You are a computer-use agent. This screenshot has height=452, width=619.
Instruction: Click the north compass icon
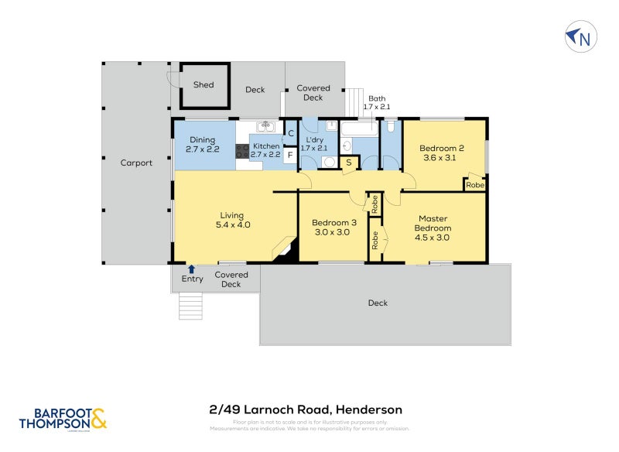coord(580,36)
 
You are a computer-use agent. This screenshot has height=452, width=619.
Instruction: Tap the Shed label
coord(203,85)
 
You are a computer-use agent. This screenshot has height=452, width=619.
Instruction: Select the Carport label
coord(136,163)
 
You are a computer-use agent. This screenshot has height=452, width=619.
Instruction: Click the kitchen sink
coord(265,126)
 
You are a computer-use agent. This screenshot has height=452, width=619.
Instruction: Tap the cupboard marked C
coord(291,133)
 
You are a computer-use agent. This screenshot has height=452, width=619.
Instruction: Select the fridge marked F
coord(290,154)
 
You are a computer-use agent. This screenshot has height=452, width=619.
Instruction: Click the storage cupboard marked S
coord(349,163)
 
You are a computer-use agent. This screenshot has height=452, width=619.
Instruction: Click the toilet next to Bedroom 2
coord(392,125)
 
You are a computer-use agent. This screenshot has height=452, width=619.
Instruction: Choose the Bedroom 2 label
coord(441,152)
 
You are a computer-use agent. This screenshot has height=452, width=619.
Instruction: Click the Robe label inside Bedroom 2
coord(475,186)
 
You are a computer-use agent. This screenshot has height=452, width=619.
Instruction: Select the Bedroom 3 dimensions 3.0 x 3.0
coord(332,231)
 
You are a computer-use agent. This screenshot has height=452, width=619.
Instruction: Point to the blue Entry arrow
coord(191,268)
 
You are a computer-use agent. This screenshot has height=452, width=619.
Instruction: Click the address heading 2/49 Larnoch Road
coord(306,409)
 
